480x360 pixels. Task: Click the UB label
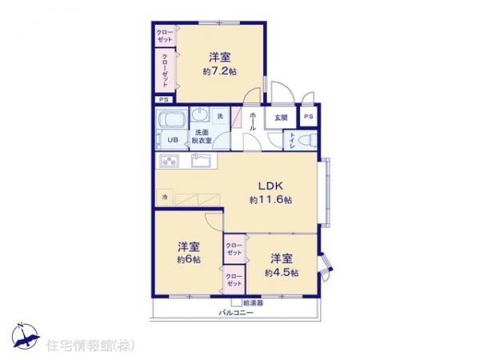(172, 139)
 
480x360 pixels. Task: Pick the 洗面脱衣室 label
(201, 136)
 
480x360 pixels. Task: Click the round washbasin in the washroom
(200, 114)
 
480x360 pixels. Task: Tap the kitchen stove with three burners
(171, 161)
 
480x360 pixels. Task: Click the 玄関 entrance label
(281, 118)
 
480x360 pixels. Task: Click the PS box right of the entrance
(308, 117)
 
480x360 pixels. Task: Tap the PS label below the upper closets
(163, 99)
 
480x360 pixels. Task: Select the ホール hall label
(252, 122)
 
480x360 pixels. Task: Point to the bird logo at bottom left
(24, 337)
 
